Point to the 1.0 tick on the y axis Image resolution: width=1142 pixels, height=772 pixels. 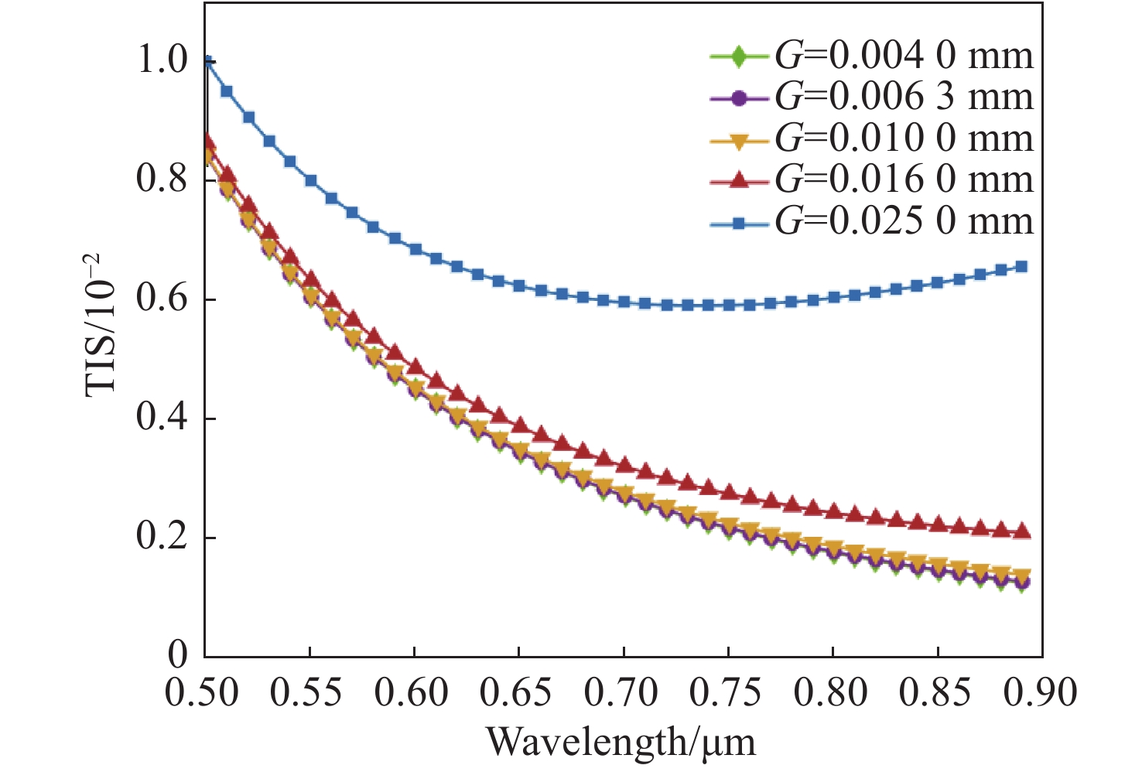click(x=163, y=60)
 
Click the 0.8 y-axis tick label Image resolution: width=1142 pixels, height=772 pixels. click(x=163, y=179)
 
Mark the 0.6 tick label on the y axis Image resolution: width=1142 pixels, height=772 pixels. click(x=163, y=299)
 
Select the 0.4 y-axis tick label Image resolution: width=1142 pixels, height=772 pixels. click(x=163, y=418)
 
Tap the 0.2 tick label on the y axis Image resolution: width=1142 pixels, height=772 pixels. click(x=163, y=538)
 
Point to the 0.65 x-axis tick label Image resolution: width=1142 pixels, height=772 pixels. click(x=516, y=692)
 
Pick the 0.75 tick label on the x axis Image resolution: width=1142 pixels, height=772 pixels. click(x=726, y=692)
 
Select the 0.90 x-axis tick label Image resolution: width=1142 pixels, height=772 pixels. click(x=1041, y=692)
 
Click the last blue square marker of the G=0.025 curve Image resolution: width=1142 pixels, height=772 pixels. click(x=1021, y=267)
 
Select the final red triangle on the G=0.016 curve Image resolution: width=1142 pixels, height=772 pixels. click(x=1021, y=531)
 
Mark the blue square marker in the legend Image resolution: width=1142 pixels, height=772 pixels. click(x=739, y=223)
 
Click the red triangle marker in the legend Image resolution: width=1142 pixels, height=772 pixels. click(x=739, y=180)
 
